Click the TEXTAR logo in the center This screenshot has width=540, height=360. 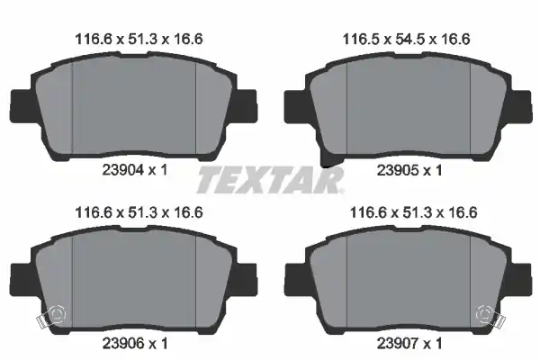pyautogui.click(x=270, y=180)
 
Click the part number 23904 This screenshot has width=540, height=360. pyautogui.click(x=122, y=170)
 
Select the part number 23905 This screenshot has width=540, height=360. pyautogui.click(x=398, y=170)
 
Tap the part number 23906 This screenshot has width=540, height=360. pyautogui.click(x=122, y=344)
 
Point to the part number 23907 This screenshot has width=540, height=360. pyautogui.click(x=398, y=344)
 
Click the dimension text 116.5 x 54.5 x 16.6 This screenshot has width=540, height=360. pyautogui.click(x=407, y=40)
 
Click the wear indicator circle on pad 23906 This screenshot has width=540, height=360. pyautogui.click(x=58, y=314)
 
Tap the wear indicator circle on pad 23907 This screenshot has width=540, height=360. pyautogui.click(x=484, y=314)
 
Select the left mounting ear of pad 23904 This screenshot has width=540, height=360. pyautogui.click(x=22, y=106)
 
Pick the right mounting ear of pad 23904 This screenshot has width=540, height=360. pyautogui.click(x=246, y=106)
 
